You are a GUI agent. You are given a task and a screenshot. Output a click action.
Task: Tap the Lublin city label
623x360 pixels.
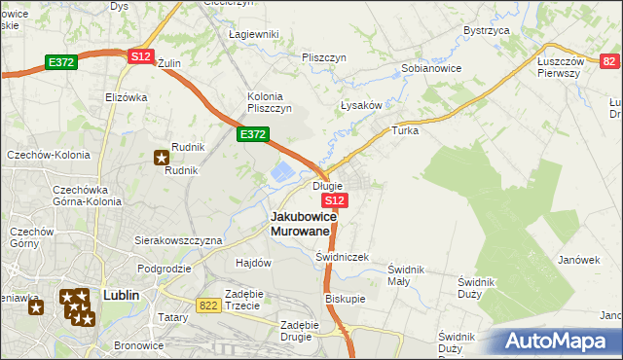coord(122,294)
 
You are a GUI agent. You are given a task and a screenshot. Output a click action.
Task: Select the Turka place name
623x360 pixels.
coord(404,129)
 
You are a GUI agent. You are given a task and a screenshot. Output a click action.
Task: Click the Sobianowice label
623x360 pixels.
coord(431,69)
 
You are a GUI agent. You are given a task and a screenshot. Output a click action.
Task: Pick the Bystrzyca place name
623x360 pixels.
coord(488,30)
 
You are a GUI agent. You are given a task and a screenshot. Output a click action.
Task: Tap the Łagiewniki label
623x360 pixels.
coord(253,34)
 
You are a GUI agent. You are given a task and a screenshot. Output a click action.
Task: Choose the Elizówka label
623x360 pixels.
coord(125,97)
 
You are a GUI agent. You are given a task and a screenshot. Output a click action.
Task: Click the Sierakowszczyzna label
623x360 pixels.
coord(178,239)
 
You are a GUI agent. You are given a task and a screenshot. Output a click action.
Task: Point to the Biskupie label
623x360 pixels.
coord(346,299)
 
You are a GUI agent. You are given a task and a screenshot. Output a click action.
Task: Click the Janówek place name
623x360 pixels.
coord(577,260)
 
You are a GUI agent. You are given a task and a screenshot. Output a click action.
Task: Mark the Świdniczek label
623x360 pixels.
coord(342,257)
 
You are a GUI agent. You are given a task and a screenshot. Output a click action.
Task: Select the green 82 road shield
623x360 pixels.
coord(609,61)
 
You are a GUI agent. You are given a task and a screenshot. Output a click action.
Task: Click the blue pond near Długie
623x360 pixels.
coord(280,174)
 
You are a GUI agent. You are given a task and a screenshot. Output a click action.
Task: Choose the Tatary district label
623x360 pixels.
coord(173,318)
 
